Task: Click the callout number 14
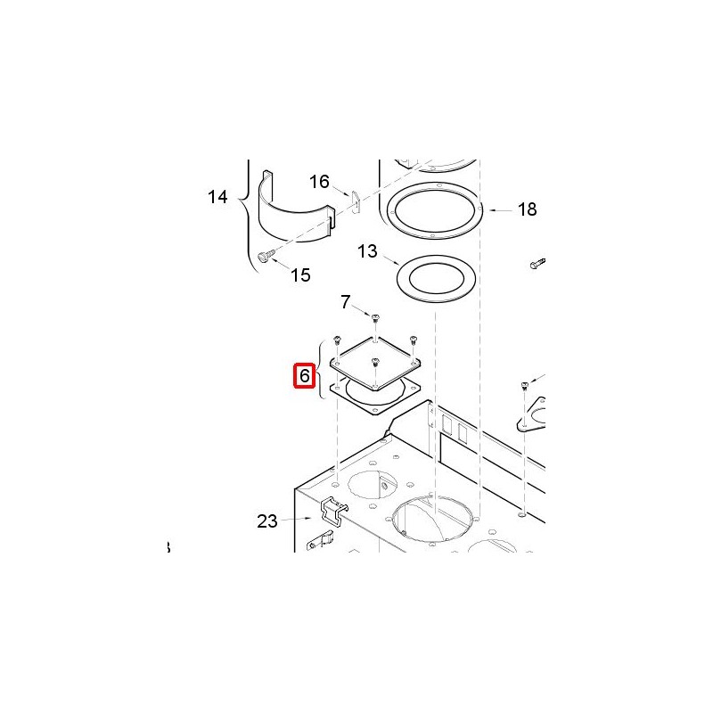click(x=217, y=197)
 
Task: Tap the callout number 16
click(x=319, y=182)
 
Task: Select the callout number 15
click(x=300, y=275)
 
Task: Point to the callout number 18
click(x=528, y=209)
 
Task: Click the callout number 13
click(x=367, y=251)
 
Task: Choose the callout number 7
click(x=346, y=302)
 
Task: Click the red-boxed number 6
click(x=304, y=376)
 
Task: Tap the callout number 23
click(x=267, y=521)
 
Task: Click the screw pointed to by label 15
click(x=266, y=256)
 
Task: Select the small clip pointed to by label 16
click(x=356, y=201)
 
